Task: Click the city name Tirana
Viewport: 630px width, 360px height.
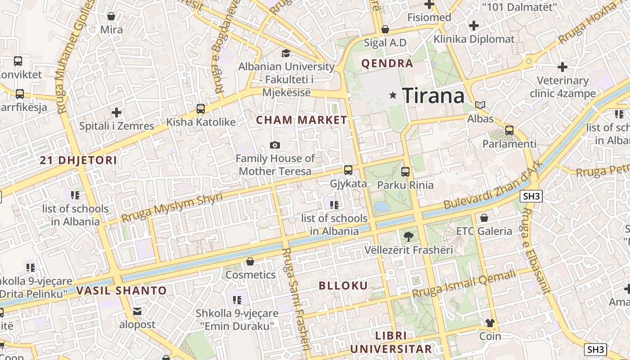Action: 433,95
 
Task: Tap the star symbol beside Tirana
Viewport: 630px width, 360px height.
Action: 393,95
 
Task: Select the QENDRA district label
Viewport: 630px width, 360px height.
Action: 387,63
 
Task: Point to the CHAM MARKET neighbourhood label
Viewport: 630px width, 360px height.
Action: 301,120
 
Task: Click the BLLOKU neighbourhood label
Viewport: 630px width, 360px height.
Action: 343,285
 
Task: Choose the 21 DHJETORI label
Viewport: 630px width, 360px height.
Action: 78,160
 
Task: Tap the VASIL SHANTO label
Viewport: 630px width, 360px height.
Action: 121,291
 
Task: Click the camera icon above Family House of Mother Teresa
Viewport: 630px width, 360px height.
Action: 274,145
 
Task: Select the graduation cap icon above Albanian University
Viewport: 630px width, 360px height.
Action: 286,54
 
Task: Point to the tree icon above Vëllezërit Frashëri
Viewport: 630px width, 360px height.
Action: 408,236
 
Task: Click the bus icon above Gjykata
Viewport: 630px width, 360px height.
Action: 348,170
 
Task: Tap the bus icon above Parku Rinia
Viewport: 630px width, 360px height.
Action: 405,171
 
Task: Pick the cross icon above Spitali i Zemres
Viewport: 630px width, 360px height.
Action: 117,112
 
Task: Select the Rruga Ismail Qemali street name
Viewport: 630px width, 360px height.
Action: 464,284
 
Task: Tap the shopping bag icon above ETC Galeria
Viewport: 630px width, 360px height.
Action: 484,218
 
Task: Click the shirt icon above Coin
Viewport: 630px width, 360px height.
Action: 490,323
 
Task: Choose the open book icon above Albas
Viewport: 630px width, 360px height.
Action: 481,105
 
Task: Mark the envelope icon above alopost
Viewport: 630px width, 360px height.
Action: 137,311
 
